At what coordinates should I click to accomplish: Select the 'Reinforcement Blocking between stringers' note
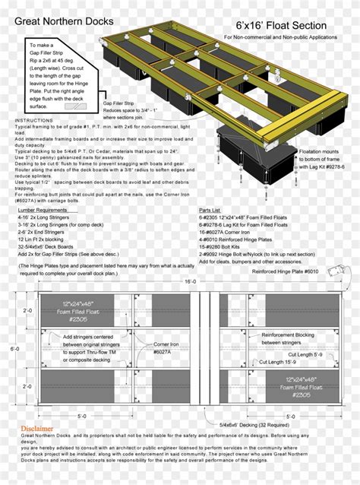click(283, 338)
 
